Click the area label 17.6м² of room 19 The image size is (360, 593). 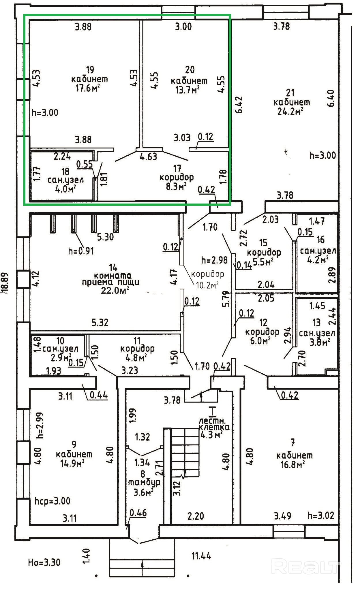86,88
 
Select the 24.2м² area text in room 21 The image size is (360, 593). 290,111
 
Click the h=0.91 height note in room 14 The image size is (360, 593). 81,251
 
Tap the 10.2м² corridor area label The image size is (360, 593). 207,285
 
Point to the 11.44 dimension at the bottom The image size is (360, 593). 201,555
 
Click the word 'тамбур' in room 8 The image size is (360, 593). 144,482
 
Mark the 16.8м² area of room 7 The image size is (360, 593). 292,464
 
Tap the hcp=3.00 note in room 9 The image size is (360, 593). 52,501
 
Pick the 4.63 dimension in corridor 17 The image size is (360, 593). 148,157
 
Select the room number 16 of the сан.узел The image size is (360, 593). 320,239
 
